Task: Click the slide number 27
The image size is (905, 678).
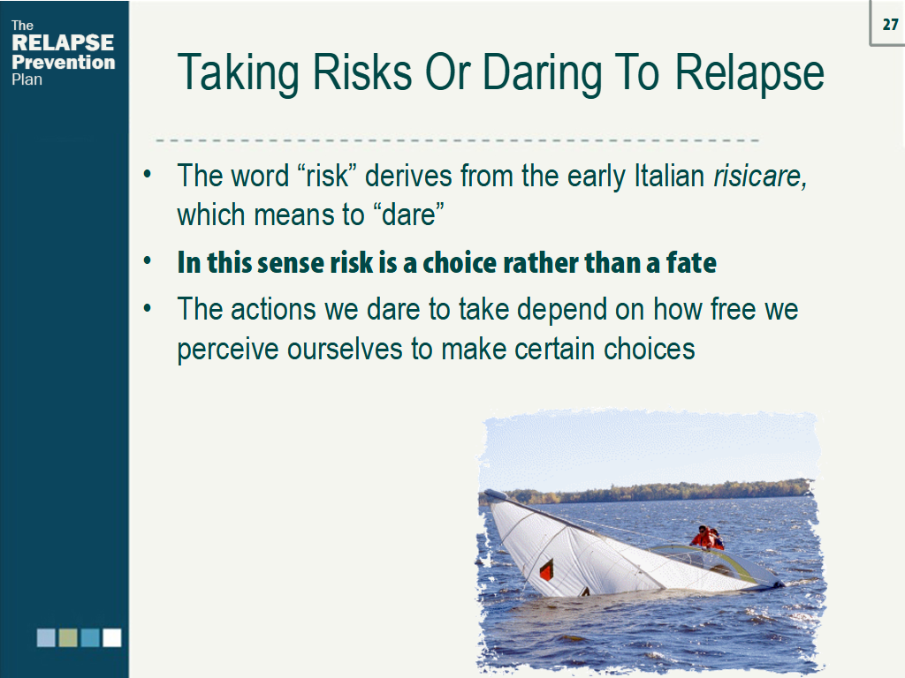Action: [x=889, y=24]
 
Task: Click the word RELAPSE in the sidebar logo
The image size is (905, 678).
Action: [x=63, y=43]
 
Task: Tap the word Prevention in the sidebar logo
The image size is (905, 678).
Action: [x=63, y=62]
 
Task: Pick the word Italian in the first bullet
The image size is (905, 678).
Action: [x=672, y=176]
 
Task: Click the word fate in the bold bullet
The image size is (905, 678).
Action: [x=690, y=262]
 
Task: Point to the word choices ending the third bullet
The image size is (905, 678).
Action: [x=650, y=349]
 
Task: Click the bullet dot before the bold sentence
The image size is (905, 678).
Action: [x=148, y=262]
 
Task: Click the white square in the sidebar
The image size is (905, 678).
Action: [x=111, y=637]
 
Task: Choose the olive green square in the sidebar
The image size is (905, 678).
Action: [x=68, y=637]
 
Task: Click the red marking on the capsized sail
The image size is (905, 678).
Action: [x=546, y=570]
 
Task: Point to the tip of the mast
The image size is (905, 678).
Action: [x=489, y=493]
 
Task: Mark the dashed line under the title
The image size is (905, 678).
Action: [x=457, y=140]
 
